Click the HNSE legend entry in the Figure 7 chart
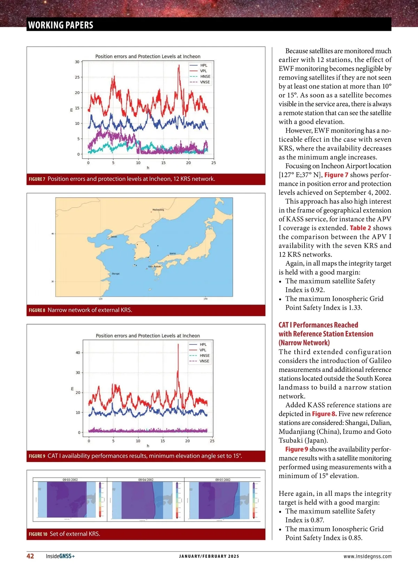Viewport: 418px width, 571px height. click(205, 77)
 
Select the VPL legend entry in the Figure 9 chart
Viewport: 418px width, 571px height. click(203, 350)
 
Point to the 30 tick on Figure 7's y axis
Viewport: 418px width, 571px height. click(77, 62)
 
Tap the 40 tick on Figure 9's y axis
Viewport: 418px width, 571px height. click(78, 353)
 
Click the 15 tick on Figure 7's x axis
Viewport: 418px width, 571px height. click(163, 163)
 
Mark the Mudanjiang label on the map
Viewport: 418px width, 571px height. click(158, 210)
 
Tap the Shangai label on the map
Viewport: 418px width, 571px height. click(116, 274)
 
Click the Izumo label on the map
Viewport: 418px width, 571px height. click(173, 253)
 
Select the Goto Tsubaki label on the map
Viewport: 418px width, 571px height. click(155, 266)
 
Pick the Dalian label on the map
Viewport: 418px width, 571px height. click(114, 237)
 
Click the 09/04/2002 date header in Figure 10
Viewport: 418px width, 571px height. click(146, 480)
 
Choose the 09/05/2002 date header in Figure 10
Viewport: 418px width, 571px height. click(223, 480)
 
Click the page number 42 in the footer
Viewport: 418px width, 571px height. click(30, 556)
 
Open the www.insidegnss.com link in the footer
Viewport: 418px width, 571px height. click(367, 557)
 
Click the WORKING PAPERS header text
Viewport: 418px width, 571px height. click(61, 25)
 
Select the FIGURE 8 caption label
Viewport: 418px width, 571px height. click(37, 310)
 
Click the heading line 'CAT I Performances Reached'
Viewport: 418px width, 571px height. click(318, 325)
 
